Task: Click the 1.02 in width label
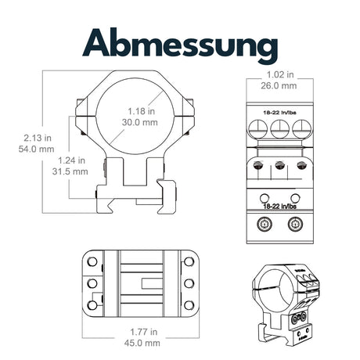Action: [280, 75]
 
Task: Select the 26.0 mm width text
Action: [280, 85]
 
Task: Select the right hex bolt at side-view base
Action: [296, 225]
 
